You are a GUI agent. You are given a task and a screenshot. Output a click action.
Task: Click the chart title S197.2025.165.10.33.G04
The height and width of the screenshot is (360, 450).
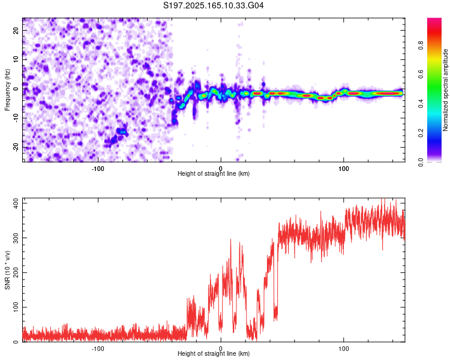213,5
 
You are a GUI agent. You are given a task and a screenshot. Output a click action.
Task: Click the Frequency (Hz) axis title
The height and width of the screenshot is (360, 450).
7,90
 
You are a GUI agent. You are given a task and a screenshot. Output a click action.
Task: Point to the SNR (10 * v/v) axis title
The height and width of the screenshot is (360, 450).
7,270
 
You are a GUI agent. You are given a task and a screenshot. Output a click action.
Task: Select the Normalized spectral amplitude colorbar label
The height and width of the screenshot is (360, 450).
445,90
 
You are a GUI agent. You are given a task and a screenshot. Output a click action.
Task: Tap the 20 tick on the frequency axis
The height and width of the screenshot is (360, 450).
16,30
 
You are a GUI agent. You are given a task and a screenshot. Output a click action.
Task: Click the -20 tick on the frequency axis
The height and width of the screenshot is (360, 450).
16,147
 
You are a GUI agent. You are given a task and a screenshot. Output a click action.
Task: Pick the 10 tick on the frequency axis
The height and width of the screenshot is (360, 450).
16,59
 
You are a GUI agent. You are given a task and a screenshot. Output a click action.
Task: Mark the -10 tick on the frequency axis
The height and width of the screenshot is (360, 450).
16,118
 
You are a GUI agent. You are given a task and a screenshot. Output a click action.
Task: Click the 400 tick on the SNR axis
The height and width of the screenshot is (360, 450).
16,203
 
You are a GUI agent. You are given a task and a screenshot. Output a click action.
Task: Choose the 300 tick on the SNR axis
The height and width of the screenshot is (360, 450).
16,238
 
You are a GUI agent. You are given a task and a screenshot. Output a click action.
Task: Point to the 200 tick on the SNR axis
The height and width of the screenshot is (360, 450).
16,273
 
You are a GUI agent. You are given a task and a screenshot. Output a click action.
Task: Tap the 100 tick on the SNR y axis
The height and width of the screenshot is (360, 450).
16,307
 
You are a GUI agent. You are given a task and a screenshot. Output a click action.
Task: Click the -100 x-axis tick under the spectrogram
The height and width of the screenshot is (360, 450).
98,169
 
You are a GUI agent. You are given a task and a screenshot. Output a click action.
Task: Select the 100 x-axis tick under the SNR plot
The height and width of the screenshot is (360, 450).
344,349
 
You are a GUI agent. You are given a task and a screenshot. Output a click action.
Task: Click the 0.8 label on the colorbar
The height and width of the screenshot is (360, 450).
421,46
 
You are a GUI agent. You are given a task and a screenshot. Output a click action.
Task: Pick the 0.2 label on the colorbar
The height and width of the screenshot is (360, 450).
421,133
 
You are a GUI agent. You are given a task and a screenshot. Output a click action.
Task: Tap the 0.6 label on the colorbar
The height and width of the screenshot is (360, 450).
421,74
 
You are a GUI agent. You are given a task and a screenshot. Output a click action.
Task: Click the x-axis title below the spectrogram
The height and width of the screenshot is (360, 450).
214,173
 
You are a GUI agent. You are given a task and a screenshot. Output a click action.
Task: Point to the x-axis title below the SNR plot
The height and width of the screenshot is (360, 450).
214,353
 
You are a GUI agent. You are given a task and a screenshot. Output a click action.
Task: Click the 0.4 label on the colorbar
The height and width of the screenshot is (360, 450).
421,104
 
